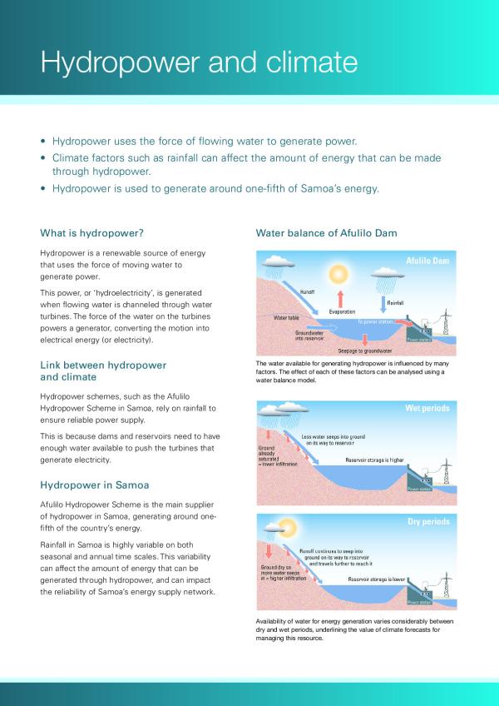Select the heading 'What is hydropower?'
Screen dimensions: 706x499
[97, 232]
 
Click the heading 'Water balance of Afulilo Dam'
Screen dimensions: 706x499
[326, 232]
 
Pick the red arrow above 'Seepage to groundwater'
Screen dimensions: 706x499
[364, 338]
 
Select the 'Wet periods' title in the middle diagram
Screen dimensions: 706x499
[427, 409]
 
